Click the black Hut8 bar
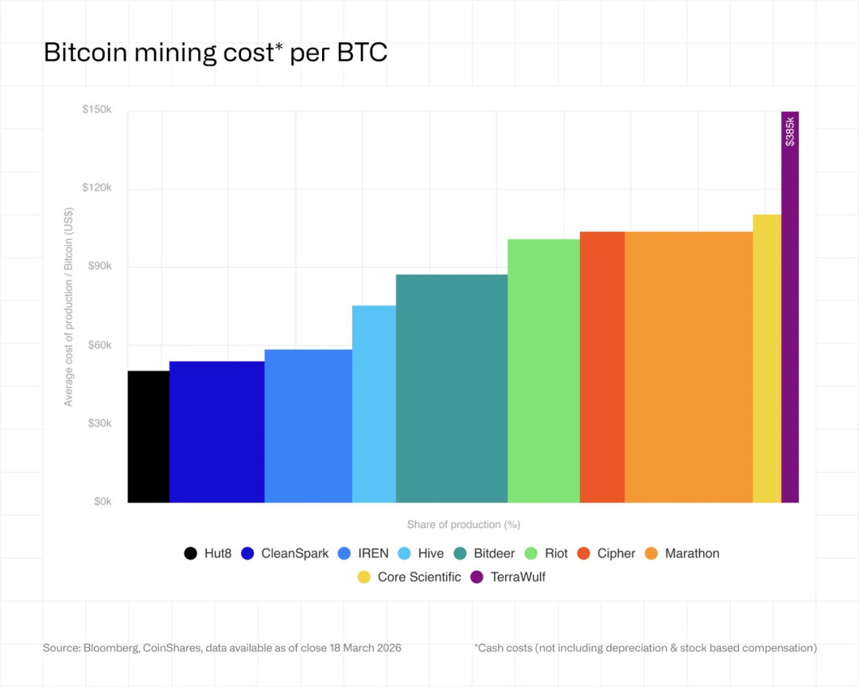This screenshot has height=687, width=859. point(149,437)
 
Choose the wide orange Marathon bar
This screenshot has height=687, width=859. point(688,367)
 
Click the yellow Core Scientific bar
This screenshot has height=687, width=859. point(767,359)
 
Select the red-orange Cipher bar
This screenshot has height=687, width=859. point(602,367)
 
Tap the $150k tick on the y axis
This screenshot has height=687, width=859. point(96,110)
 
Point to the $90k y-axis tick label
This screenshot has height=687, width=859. point(99,266)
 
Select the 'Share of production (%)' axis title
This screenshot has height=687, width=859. point(463,525)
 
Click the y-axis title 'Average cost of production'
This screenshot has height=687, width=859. point(68,307)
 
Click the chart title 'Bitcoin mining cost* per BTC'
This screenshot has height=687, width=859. point(216,52)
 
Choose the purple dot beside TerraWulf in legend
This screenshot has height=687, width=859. point(477,577)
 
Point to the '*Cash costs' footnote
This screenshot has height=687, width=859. point(645,648)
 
